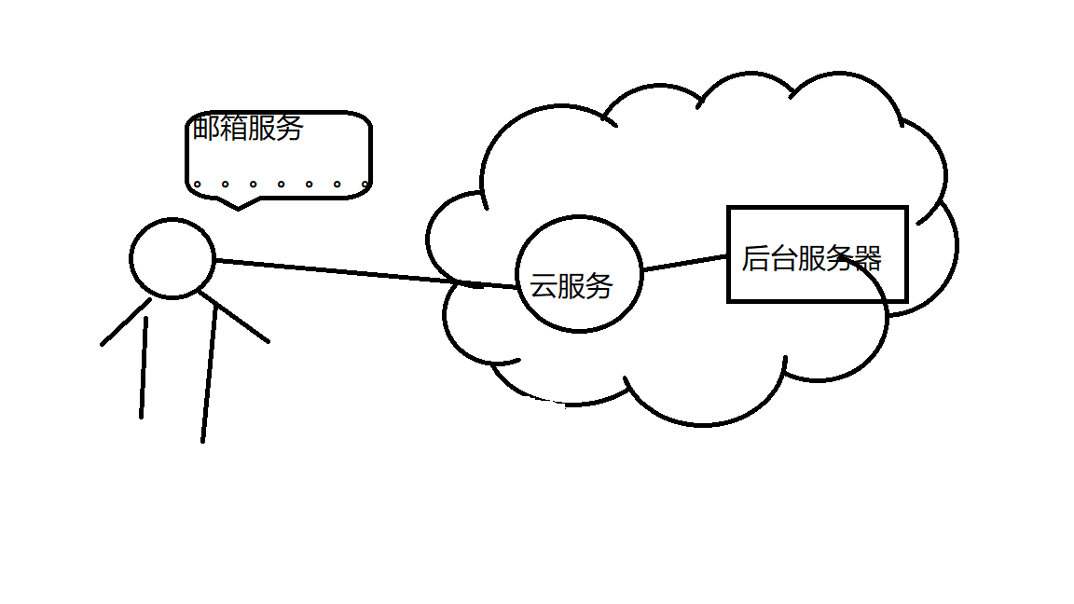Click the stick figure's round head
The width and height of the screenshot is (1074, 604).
172,259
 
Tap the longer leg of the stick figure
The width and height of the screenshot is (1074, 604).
209,373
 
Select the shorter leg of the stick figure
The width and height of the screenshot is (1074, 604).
145,368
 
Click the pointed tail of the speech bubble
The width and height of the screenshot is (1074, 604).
239,204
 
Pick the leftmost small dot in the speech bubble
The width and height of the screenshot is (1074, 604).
198,185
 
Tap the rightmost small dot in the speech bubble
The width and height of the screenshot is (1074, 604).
365,185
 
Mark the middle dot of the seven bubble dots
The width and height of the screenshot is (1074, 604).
281,185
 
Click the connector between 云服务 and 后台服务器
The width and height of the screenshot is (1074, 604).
684,263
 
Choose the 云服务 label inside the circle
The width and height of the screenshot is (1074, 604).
571,285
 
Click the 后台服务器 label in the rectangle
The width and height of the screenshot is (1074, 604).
811,258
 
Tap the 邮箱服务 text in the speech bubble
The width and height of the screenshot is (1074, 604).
248,128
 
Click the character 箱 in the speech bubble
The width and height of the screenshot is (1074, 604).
234,128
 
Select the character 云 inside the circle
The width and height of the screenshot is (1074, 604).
544,285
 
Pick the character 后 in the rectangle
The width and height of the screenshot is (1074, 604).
755,258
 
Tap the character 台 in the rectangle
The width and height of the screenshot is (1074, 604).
783,258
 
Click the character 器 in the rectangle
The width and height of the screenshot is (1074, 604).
868,258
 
